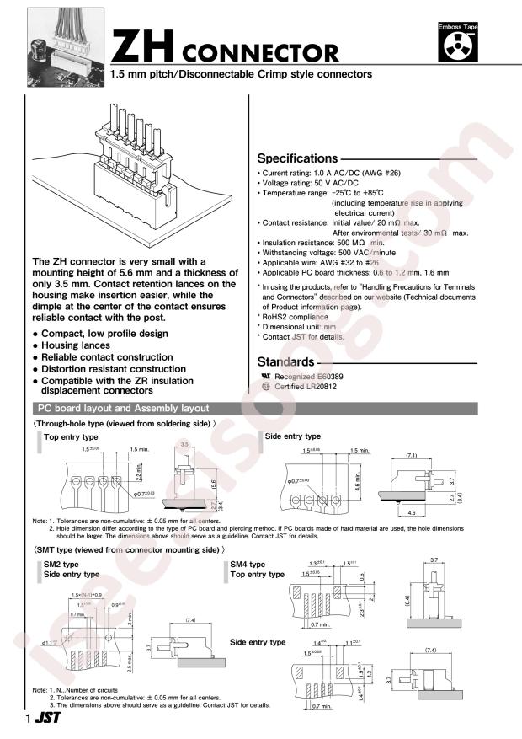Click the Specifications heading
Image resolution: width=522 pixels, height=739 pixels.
[x=296, y=158]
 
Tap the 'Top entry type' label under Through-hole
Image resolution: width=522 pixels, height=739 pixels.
[x=71, y=437]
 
